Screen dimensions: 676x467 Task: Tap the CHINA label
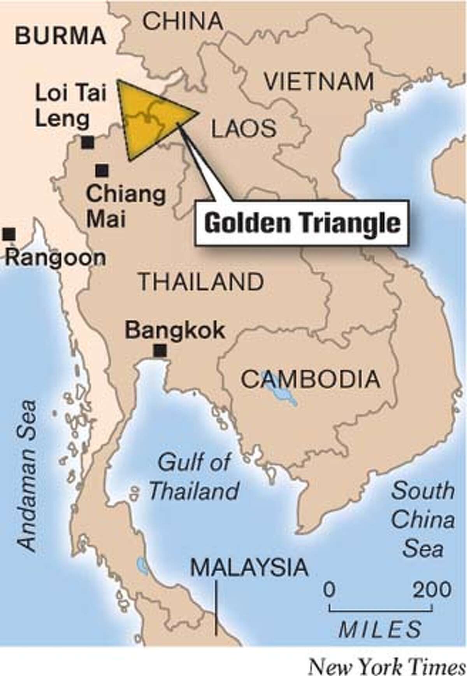[183, 21]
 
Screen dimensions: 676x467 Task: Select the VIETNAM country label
[319, 82]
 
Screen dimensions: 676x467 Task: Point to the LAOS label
[244, 129]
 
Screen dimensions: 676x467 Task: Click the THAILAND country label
[201, 282]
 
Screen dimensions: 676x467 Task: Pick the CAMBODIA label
[310, 379]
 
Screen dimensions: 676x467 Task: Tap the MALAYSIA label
[249, 567]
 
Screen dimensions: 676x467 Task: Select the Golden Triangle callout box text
[302, 223]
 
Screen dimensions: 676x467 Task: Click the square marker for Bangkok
[160, 351]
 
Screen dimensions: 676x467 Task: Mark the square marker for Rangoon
[9, 234]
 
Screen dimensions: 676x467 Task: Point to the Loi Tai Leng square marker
[88, 143]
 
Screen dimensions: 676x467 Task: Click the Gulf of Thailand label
[193, 477]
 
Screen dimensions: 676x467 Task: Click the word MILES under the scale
[380, 629]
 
